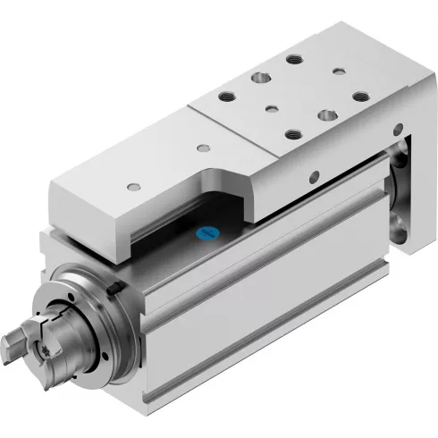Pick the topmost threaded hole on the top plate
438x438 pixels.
tap(293, 60)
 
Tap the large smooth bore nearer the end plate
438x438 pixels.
tap(327, 116)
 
